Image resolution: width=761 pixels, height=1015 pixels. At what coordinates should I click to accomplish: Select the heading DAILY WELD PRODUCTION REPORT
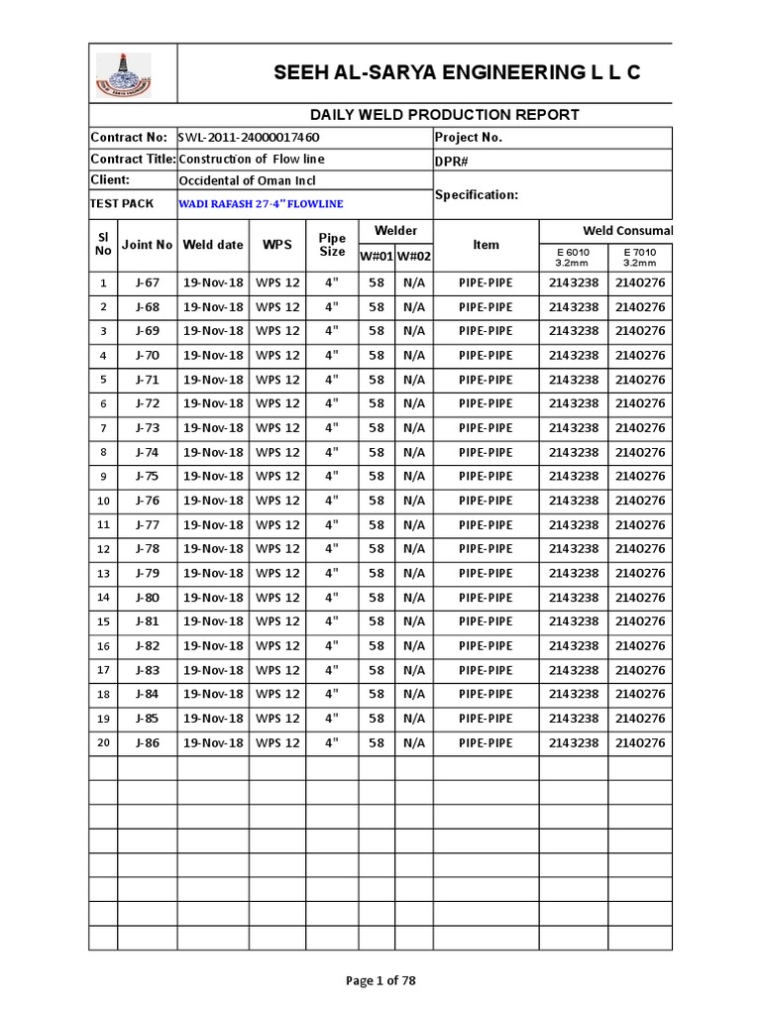pos(431,115)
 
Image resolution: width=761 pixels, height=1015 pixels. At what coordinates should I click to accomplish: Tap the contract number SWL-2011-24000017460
pos(250,138)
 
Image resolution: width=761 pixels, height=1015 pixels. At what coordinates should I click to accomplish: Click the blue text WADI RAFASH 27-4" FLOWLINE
pos(261,204)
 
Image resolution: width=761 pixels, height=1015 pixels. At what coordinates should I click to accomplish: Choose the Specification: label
pos(477,195)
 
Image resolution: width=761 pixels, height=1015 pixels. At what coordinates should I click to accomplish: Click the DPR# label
pos(451,161)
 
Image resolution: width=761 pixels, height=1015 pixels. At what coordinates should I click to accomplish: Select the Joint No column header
pos(147,245)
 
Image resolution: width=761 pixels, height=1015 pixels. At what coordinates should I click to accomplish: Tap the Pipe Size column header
pos(332,245)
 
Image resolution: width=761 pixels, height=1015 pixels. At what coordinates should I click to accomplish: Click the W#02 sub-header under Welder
pos(413,258)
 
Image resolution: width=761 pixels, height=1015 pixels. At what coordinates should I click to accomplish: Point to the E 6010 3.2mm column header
pos(573,258)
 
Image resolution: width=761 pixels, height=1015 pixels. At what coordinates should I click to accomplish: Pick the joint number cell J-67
pos(147,282)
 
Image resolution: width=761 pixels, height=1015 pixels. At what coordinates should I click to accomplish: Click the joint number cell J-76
pos(147,501)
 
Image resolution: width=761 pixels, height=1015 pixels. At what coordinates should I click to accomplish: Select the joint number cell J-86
pos(147,742)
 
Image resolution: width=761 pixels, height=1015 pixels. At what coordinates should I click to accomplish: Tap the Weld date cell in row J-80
pos(213,598)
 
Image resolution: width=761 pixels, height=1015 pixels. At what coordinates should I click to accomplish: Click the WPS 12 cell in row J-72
pos(277,403)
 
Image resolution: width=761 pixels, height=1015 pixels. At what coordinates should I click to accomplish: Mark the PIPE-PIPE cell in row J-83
pos(486,670)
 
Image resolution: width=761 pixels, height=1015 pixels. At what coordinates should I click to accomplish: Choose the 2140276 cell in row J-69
pos(640,331)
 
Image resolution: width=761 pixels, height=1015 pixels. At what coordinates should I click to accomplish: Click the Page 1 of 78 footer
pos(380,980)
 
